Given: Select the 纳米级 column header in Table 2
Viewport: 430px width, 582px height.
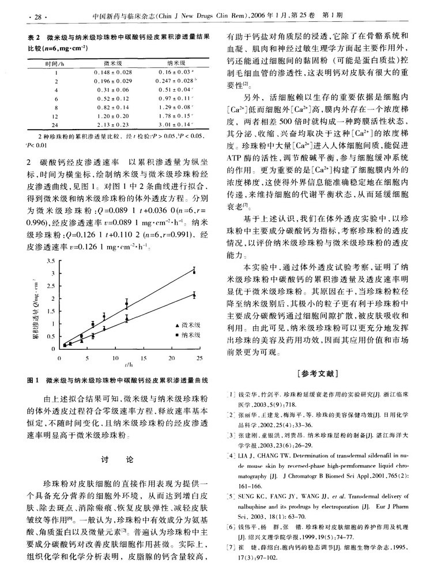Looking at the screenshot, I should (x=174, y=62).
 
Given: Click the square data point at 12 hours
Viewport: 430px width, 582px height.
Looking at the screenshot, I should (x=127, y=304).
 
